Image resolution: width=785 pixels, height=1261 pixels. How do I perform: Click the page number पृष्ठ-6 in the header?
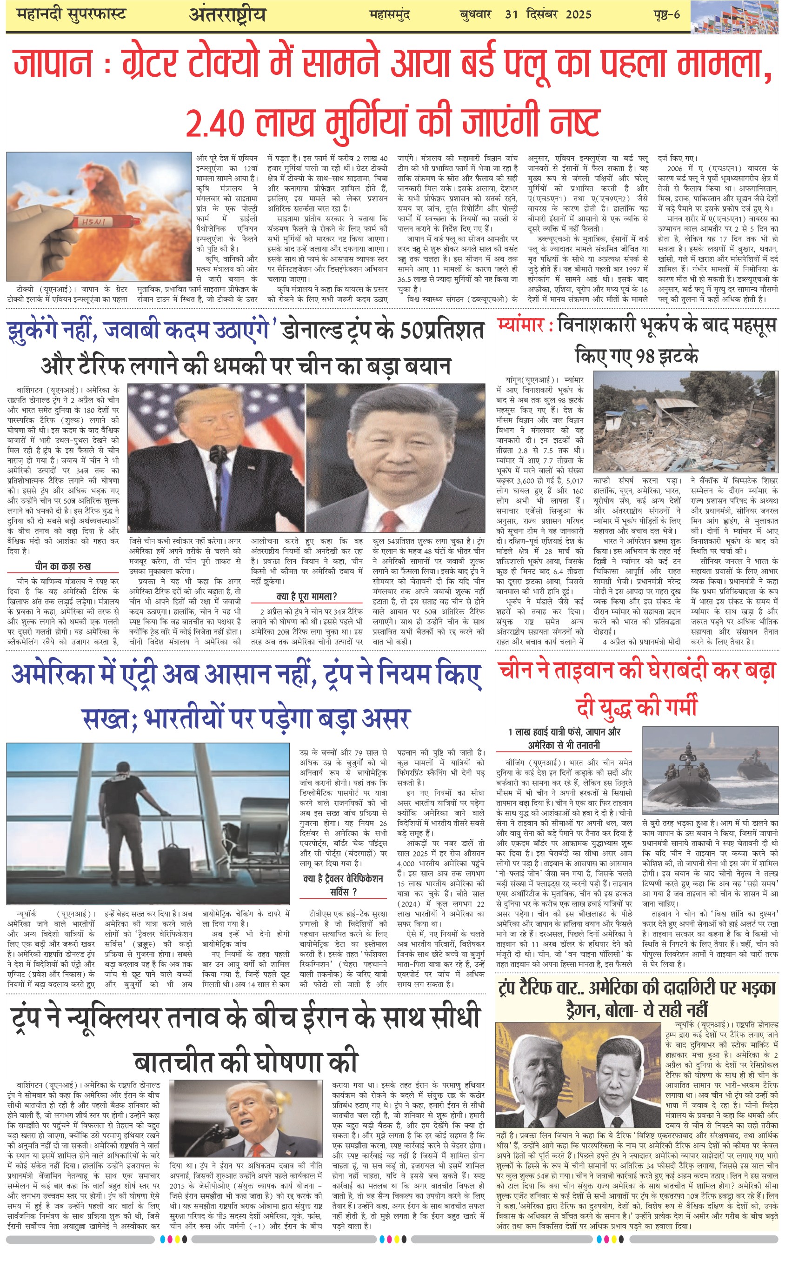coord(666,14)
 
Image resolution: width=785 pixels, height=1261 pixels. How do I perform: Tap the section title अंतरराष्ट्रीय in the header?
coord(227,14)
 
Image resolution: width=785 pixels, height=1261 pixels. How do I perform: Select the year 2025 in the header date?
coord(579,14)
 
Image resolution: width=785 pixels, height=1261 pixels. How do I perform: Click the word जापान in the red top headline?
coord(52,63)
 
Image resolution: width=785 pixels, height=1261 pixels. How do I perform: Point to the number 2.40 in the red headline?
coord(215,122)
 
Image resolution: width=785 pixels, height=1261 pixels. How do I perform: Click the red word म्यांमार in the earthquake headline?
coord(520,325)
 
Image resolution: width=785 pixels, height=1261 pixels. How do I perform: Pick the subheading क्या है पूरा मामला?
coord(307,596)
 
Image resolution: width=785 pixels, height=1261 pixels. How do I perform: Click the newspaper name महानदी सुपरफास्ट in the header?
coord(72,14)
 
